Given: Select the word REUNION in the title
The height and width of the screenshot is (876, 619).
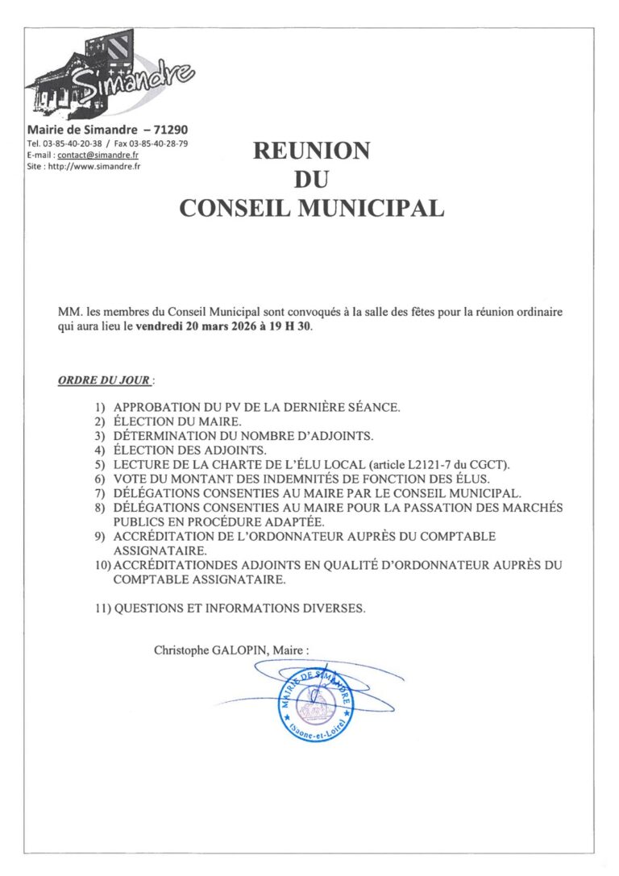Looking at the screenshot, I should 311,151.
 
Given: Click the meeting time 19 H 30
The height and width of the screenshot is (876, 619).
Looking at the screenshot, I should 290,327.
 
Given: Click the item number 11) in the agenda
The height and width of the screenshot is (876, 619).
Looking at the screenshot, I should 102,608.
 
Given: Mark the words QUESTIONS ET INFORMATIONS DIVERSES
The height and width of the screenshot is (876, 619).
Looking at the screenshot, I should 239,608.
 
